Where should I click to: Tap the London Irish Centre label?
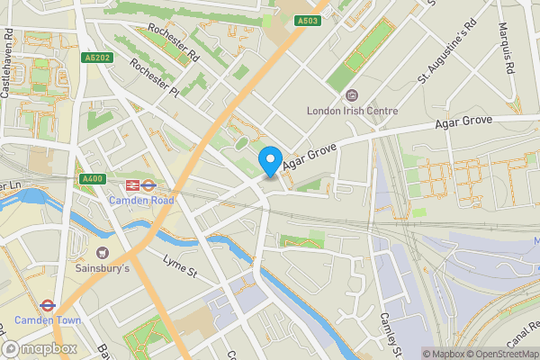pos(352,112)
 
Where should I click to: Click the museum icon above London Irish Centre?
pos(352,94)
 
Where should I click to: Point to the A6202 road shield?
pos(96,58)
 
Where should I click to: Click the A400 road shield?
pos(92,179)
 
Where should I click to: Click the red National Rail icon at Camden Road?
pos(130,184)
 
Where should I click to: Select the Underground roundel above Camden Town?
pos(53,305)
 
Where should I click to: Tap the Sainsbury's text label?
pos(102,268)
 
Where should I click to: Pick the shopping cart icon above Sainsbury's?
pos(101,253)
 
